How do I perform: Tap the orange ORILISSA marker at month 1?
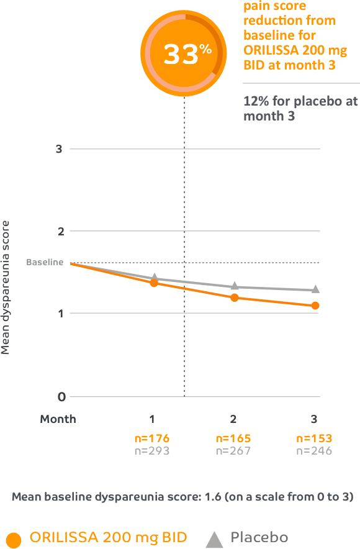coord(153,283)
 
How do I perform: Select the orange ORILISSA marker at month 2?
coord(234,297)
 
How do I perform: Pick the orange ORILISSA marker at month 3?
coord(315,306)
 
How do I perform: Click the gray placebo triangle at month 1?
coord(154,277)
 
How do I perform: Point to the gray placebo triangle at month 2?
coord(234,285)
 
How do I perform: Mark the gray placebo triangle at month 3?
coord(315,289)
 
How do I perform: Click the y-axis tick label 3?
coord(60,149)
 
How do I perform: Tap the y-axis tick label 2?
coord(60,231)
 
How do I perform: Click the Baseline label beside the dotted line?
coord(45,262)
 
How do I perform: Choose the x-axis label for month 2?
coord(233,419)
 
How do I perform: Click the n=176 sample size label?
coord(151,438)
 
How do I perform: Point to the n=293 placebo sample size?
coord(151,451)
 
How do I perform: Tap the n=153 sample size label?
coord(314,438)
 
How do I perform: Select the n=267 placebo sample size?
coord(233,451)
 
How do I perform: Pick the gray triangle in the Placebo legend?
coord(214,537)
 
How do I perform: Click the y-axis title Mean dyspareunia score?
coord(6,286)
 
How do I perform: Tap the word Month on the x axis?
coord(58,419)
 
